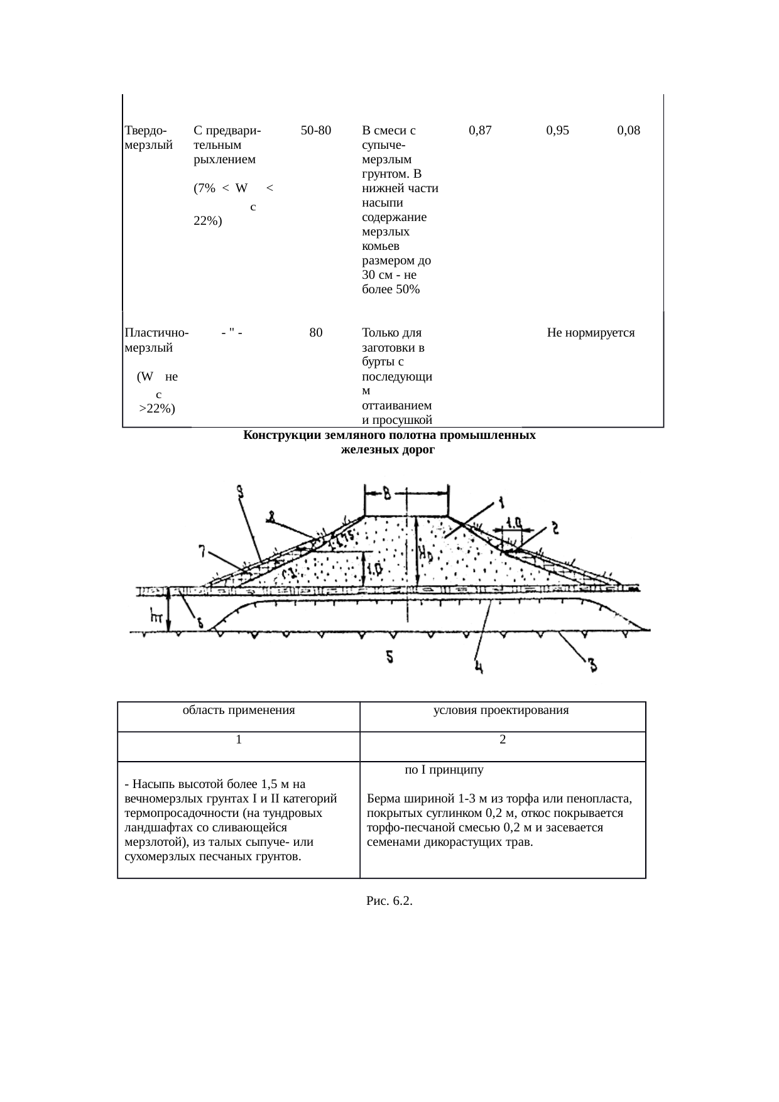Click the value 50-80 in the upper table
pyautogui.click(x=316, y=131)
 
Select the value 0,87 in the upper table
pyautogui.click(x=481, y=131)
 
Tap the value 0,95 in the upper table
pyautogui.click(x=558, y=131)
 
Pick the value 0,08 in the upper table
pyautogui.click(x=629, y=131)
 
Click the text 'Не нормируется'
pyautogui.click(x=591, y=333)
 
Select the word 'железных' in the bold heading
pyautogui.click(x=364, y=450)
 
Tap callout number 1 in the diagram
pyautogui.click(x=501, y=502)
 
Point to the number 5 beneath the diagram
pyautogui.click(x=390, y=657)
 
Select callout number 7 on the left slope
pyautogui.click(x=202, y=551)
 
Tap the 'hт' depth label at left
pyautogui.click(x=157, y=618)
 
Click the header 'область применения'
pyautogui.click(x=239, y=711)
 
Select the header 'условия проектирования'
pyautogui.click(x=501, y=711)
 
